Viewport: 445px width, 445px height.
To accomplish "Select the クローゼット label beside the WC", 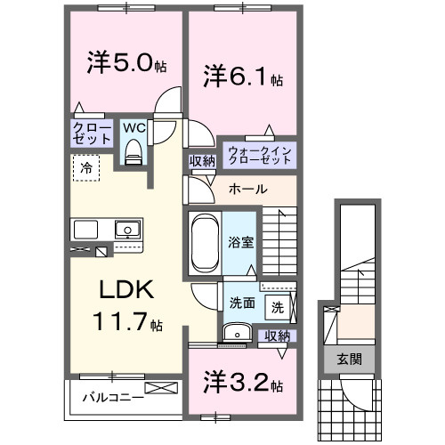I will pyautogui.click(x=93, y=134).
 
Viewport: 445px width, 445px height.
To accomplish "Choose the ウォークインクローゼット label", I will pyautogui.click(x=260, y=154).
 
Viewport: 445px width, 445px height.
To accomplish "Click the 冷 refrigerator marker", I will pyautogui.click(x=86, y=166).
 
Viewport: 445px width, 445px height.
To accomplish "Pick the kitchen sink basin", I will pyautogui.click(x=128, y=229).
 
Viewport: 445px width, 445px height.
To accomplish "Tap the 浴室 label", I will pyautogui.click(x=240, y=240).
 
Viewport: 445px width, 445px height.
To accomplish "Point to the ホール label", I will pyautogui.click(x=246, y=190).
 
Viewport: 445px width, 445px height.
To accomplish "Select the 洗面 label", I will pyautogui.click(x=241, y=303).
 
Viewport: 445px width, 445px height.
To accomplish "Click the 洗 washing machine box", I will pyautogui.click(x=278, y=308).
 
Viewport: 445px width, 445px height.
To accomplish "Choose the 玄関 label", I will pyautogui.click(x=348, y=360).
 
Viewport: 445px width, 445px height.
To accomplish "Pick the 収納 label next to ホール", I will pyautogui.click(x=201, y=162).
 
